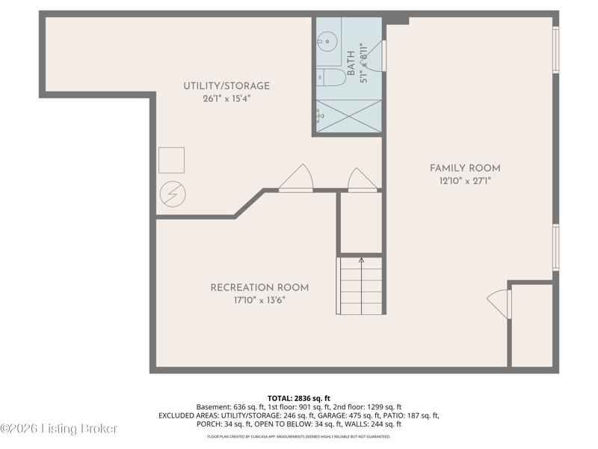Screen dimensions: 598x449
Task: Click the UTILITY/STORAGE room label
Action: pos(226,86)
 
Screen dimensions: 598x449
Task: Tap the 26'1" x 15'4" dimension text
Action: pos(226,99)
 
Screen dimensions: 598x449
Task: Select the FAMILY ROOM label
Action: pos(465,168)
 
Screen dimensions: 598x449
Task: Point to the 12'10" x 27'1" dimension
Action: pos(465,181)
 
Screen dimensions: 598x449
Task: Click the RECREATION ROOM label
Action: pos(259,287)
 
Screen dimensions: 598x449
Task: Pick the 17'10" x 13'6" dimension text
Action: pos(259,301)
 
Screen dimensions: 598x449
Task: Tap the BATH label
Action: pos(351,63)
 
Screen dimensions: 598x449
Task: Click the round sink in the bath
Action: pos(327,42)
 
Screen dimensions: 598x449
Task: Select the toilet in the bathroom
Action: pos(331,78)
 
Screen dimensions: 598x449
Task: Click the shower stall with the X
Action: pos(349,117)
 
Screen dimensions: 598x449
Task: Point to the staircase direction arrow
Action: pos(361,286)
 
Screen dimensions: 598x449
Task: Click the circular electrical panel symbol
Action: pos(173,194)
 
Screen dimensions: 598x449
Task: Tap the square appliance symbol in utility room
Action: pos(172,160)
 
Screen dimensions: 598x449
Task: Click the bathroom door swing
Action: pos(374,55)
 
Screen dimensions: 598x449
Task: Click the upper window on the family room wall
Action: pos(555,49)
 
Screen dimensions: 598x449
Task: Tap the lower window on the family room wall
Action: pos(555,248)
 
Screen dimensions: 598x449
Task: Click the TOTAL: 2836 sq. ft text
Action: pos(298,399)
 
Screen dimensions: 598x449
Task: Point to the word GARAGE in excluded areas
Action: pos(332,415)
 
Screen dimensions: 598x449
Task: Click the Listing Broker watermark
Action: pos(59,429)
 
